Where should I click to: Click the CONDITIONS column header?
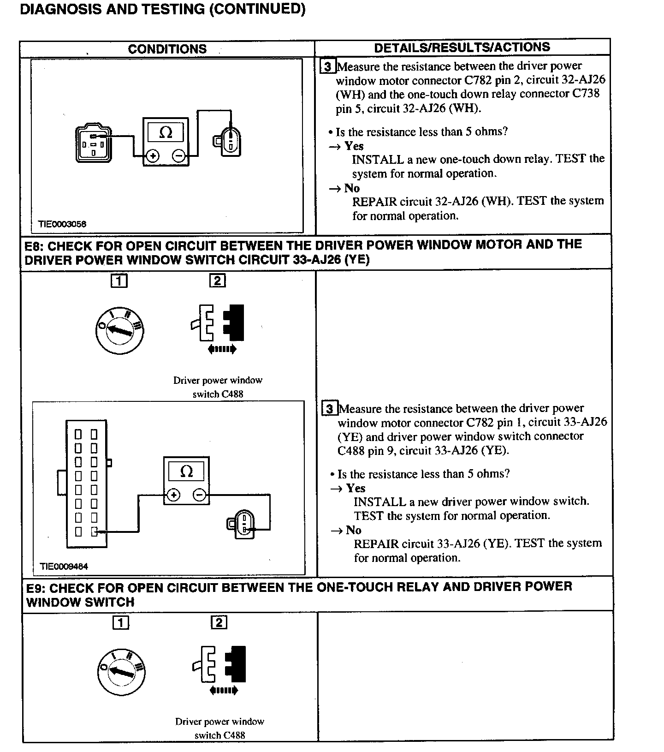point(167,49)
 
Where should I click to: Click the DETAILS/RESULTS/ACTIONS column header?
point(462,48)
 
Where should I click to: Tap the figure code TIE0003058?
point(62,224)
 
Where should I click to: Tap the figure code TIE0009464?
point(64,566)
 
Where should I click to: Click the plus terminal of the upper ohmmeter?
point(153,156)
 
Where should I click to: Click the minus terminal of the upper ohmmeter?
point(179,156)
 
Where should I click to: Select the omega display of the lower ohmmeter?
point(186,471)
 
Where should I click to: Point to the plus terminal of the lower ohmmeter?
point(173,495)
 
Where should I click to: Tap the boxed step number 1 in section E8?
point(119,281)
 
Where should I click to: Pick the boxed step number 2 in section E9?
point(219,623)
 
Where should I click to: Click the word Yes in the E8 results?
point(356,488)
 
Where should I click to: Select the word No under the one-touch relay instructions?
point(352,188)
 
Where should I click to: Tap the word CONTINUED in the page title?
point(257,9)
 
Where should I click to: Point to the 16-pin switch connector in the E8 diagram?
point(87,483)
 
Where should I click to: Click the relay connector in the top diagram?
point(94,143)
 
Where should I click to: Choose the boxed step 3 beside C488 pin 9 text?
point(329,409)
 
